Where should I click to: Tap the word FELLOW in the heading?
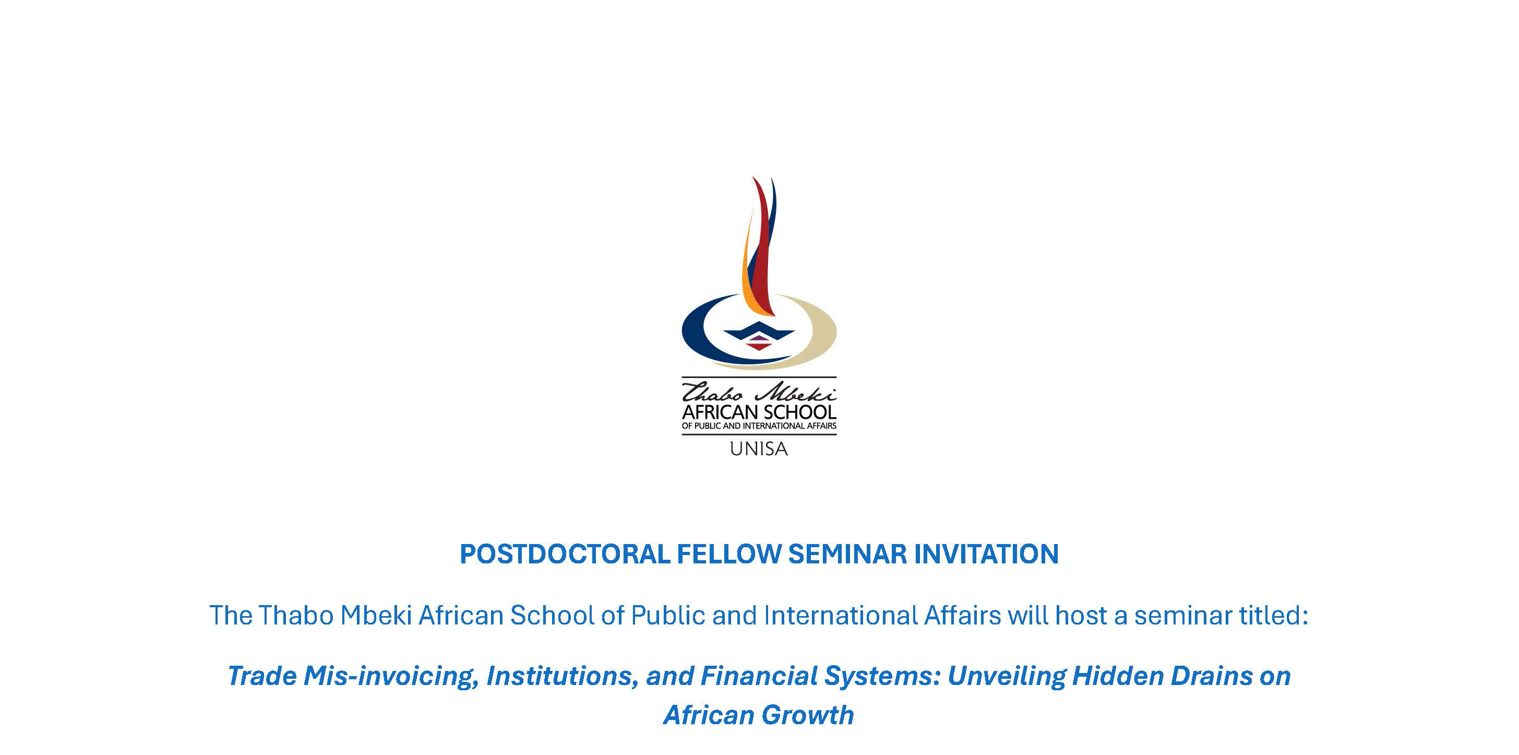tap(729, 555)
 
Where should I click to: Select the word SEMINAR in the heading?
tap(847, 555)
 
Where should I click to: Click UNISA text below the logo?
tap(759, 449)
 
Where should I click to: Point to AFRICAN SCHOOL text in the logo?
tap(759, 412)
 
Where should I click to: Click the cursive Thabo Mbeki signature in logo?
tap(759, 392)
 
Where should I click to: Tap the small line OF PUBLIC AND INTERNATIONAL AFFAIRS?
tap(759, 426)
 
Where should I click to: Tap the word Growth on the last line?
tap(807, 715)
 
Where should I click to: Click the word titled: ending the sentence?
tap(1274, 616)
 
